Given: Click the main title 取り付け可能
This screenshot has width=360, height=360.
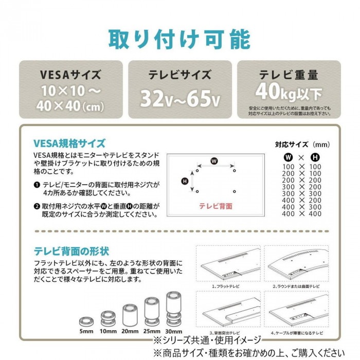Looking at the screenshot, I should (x=179, y=39).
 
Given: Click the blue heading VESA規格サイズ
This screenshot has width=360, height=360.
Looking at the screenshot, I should (x=69, y=143).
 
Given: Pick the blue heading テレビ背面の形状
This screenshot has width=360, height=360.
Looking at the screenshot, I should (x=71, y=251).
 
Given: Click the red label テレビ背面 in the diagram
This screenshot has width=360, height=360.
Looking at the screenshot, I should (x=215, y=206).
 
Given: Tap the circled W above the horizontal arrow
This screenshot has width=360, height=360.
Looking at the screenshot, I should (x=214, y=161).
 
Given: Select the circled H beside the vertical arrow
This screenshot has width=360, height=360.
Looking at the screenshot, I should (x=185, y=181).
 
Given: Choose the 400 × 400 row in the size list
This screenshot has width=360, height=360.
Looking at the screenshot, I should (x=302, y=213).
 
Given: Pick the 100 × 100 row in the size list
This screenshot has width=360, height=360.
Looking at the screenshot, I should (x=302, y=167).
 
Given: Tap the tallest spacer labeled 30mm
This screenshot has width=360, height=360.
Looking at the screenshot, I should (x=174, y=309).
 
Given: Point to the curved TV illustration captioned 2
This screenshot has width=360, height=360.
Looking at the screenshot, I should (x=297, y=263).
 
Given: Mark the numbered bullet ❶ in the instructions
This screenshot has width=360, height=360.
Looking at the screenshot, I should (x=37, y=183).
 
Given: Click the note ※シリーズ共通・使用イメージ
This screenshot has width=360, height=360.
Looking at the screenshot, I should (x=206, y=340).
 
